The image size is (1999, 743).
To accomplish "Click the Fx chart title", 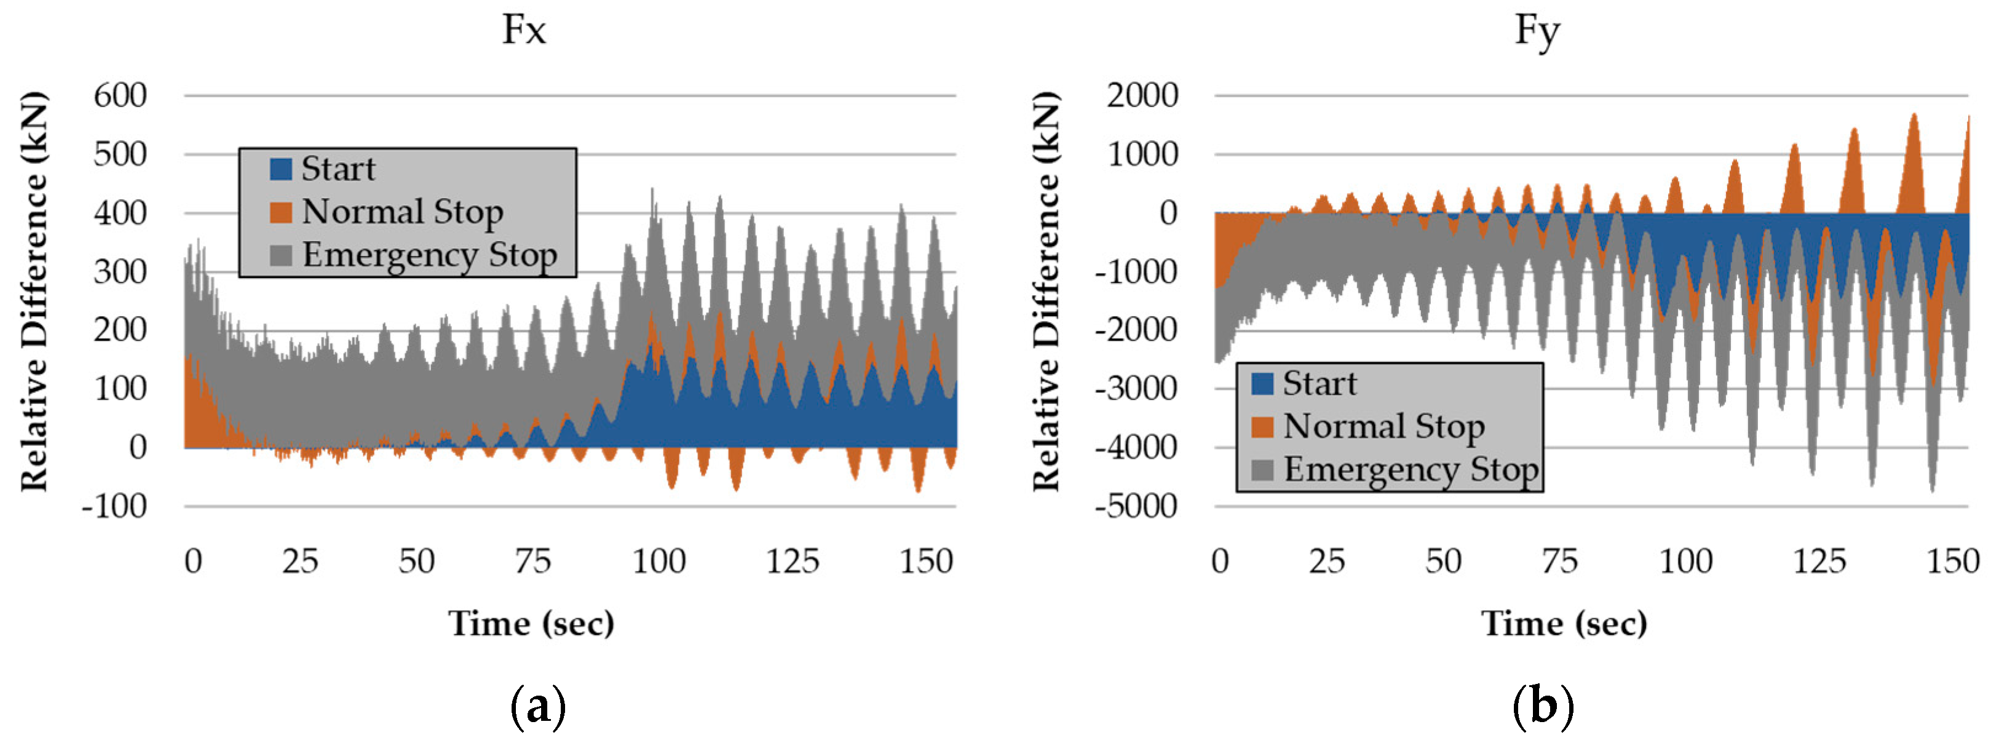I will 524,30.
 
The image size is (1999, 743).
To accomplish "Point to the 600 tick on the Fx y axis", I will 121,95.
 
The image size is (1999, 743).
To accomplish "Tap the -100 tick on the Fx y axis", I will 115,506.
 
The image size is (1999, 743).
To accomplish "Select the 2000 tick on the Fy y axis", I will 1142,95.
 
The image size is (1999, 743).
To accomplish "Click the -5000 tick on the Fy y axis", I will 1136,506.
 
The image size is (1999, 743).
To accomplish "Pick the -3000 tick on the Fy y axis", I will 1136,388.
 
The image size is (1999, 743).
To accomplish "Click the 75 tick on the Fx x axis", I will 532,560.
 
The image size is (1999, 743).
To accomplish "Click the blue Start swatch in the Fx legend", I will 280,169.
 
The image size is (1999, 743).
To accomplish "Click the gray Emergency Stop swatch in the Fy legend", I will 1262,470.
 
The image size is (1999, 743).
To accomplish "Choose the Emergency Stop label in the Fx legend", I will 429,255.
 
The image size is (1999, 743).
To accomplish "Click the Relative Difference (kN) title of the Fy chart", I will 1045,291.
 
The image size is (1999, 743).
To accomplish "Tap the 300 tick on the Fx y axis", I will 121,272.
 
